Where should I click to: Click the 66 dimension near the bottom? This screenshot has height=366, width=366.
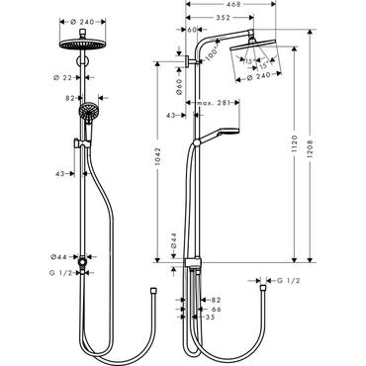coord(216,309)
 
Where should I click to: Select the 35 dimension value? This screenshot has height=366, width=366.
coord(211,318)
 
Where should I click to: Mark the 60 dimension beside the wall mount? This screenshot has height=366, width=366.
coord(192,31)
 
